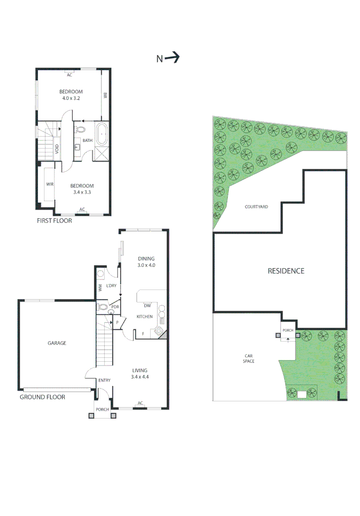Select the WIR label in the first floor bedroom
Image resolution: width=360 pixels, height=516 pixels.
click(x=49, y=184)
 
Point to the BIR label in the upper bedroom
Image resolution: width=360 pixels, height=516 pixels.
click(x=105, y=95)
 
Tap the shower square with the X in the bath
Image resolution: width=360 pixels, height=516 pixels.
click(x=101, y=154)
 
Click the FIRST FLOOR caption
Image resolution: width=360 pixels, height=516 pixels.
click(x=54, y=221)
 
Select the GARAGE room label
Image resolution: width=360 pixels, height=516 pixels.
click(x=56, y=343)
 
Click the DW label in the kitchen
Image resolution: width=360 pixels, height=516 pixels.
click(x=148, y=306)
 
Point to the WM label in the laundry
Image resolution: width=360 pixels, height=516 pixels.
click(x=100, y=288)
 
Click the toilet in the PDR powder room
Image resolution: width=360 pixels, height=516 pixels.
click(x=102, y=307)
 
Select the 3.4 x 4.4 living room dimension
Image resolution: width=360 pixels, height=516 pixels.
click(x=140, y=377)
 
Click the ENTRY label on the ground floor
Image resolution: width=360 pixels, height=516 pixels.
click(x=104, y=380)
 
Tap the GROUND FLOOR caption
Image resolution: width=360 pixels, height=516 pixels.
click(x=43, y=397)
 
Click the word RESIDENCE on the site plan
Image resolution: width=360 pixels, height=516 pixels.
click(x=285, y=271)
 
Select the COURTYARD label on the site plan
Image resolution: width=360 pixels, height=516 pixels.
click(x=256, y=207)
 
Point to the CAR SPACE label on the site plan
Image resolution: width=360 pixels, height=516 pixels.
click(x=249, y=358)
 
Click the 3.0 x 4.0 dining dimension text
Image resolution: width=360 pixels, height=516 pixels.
click(x=146, y=265)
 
